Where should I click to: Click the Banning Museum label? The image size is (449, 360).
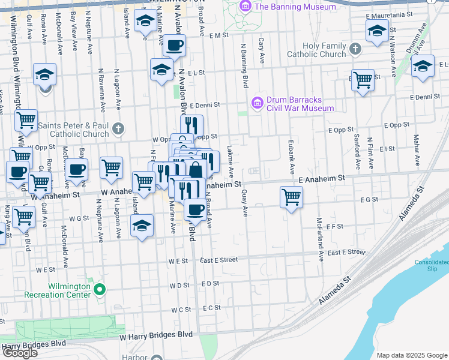[x=295, y=7]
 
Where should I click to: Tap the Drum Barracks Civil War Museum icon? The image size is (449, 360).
[x=258, y=103]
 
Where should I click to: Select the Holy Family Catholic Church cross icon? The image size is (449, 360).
[x=355, y=49]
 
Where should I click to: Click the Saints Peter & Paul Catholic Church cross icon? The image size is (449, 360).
[x=119, y=128]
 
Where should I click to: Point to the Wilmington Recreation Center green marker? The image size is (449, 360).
[x=101, y=290]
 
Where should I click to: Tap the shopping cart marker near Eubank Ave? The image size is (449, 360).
[x=291, y=197]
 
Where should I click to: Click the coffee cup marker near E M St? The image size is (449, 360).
[x=174, y=46]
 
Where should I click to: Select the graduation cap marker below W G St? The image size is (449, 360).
[x=142, y=226]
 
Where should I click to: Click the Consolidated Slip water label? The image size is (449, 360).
[x=431, y=265]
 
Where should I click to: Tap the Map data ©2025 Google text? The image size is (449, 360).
[x=411, y=355]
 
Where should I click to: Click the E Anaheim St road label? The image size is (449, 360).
[x=322, y=179]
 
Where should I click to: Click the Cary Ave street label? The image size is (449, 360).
[x=262, y=51]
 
